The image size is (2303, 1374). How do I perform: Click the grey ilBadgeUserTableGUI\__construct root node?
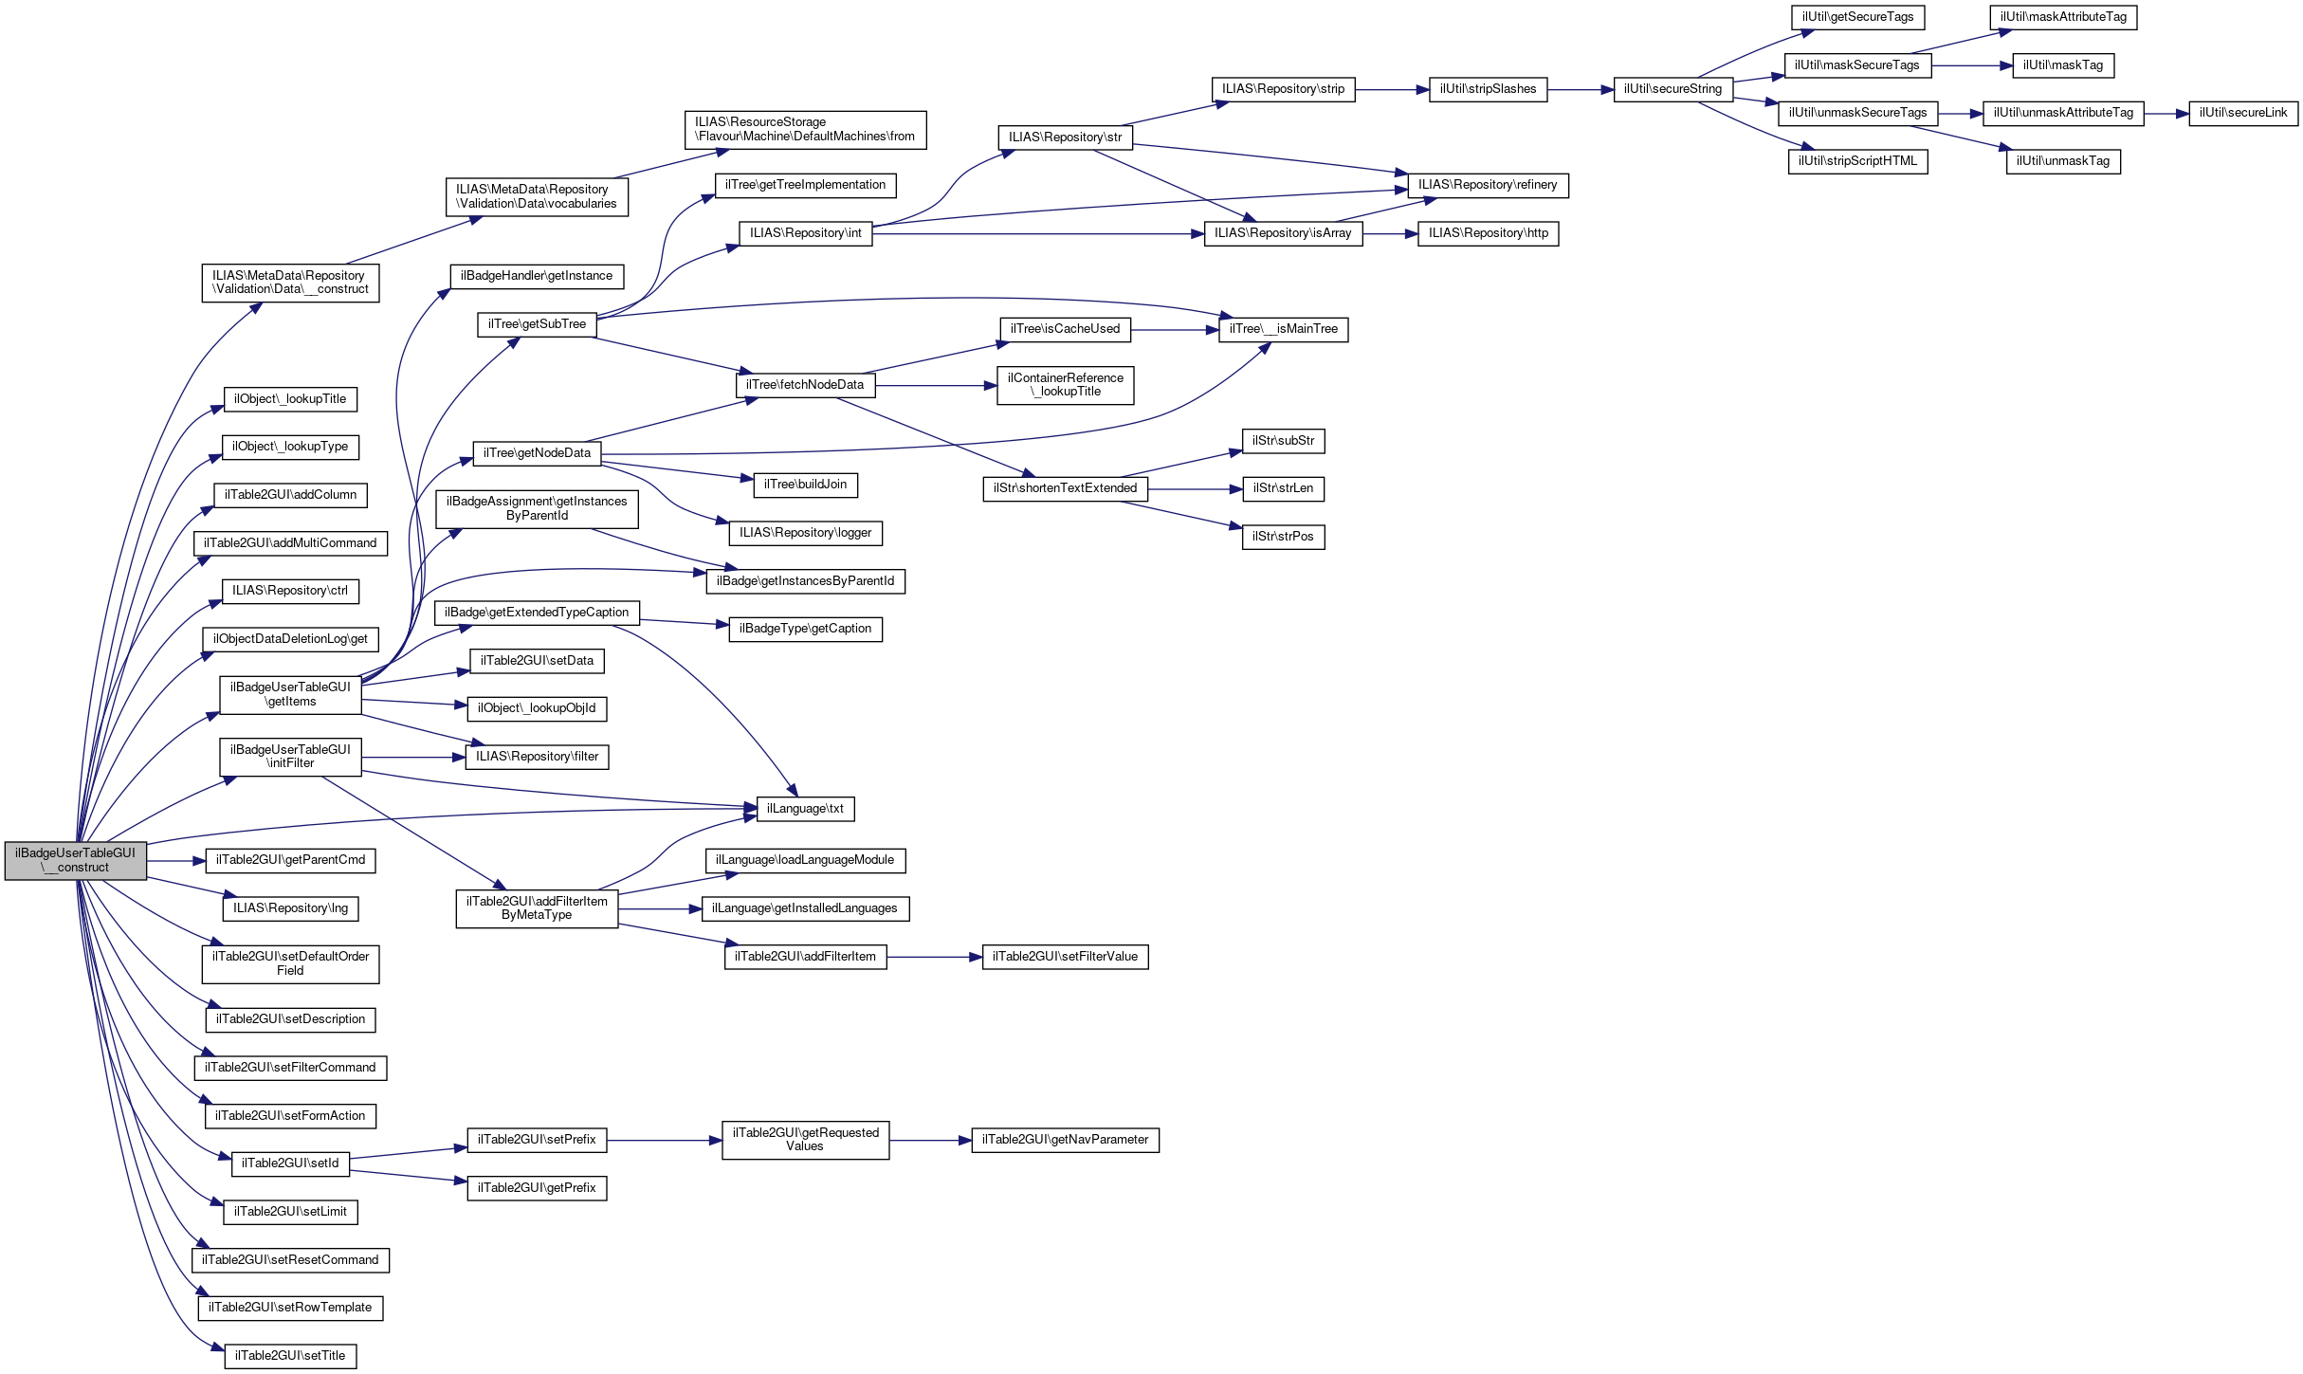(75, 860)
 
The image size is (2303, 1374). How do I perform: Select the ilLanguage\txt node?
(805, 809)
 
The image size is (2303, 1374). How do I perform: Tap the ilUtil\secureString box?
(1672, 89)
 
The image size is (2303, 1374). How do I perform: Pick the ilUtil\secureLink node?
(2243, 113)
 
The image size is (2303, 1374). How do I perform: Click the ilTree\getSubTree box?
(537, 324)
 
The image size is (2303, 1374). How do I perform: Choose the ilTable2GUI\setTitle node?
(290, 1356)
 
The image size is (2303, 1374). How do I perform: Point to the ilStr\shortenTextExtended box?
(1065, 488)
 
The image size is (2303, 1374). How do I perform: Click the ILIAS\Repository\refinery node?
(1488, 185)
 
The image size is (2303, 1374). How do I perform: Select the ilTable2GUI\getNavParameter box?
(1065, 1140)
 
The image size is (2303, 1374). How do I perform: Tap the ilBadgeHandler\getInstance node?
(537, 276)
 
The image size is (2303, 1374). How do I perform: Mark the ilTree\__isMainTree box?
(1283, 329)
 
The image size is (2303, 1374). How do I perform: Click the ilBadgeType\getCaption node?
(805, 629)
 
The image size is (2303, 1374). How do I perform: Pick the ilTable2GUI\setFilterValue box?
(1065, 957)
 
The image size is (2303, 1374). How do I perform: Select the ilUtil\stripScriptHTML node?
(1857, 161)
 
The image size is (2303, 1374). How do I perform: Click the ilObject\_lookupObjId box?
(537, 708)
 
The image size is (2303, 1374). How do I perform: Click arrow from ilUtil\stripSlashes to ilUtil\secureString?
(1581, 90)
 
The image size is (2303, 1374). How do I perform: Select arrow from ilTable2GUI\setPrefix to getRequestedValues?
(664, 1141)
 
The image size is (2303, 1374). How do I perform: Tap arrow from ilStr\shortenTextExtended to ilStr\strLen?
(1195, 489)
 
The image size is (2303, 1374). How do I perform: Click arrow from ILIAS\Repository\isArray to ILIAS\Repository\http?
(1390, 234)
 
